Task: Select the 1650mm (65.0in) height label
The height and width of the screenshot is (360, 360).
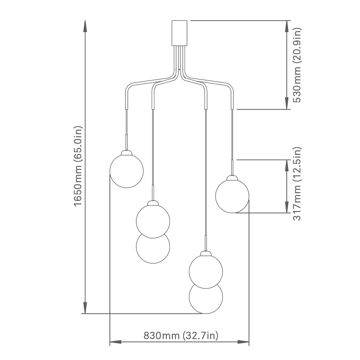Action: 78,166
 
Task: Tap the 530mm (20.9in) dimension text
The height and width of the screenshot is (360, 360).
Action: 297,65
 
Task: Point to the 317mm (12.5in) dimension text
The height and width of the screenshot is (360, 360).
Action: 297,183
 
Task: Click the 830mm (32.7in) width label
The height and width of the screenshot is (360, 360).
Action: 181,336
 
